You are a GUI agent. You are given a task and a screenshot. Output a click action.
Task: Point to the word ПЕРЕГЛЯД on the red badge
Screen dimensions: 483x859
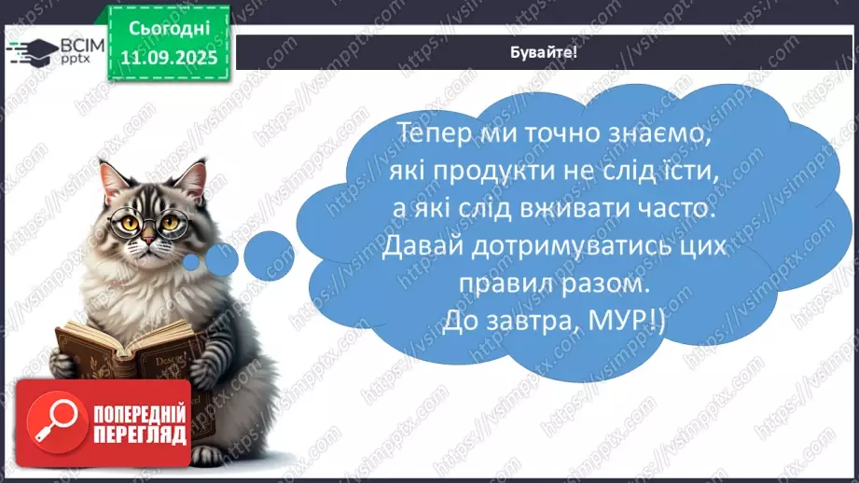click(x=139, y=435)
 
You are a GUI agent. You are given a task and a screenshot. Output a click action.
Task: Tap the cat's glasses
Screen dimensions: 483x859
click(x=148, y=222)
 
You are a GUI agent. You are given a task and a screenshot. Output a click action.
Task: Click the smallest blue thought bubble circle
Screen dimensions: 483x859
click(x=192, y=263)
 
